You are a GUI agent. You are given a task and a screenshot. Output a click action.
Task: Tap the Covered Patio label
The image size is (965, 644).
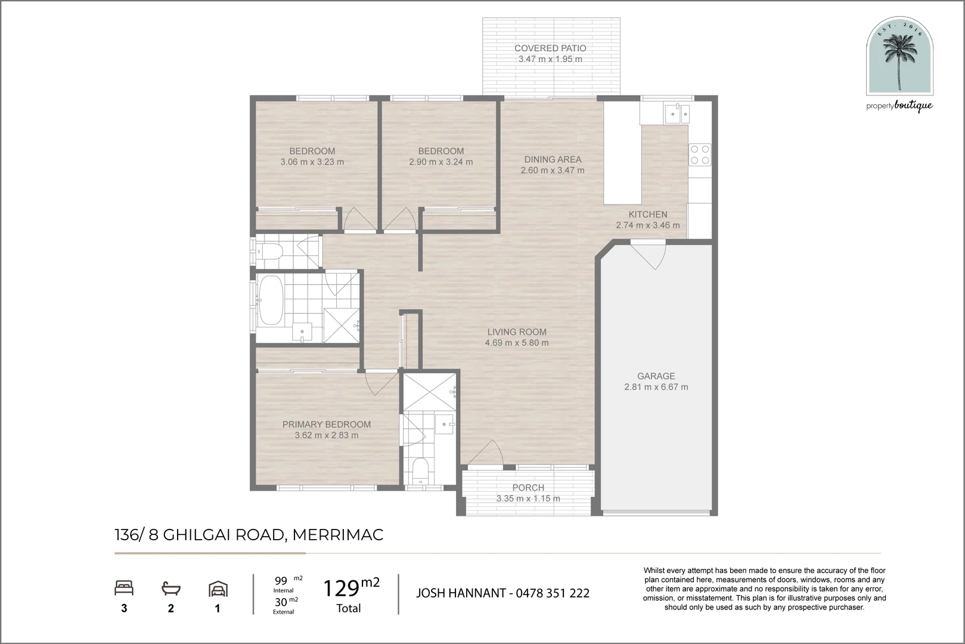click(x=550, y=48)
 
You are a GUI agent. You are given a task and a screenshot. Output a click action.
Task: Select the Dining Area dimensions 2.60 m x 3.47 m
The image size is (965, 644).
click(x=553, y=171)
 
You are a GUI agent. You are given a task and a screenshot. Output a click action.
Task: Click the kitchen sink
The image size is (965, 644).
click(x=677, y=113)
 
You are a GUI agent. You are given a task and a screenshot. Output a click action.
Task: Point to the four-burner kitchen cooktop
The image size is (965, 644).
click(x=700, y=155)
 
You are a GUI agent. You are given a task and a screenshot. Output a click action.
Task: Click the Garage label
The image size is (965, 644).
click(x=656, y=376)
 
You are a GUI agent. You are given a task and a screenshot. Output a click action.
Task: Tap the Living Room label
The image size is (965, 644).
click(x=517, y=332)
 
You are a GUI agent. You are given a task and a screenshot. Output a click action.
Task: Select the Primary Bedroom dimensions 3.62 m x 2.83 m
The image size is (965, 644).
click(x=327, y=435)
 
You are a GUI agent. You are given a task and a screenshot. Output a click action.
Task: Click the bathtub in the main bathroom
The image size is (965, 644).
click(x=270, y=301)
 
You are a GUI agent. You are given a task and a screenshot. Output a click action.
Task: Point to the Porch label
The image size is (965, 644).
click(x=528, y=488)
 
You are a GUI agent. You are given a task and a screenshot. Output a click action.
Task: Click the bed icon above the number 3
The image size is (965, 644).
click(x=124, y=588)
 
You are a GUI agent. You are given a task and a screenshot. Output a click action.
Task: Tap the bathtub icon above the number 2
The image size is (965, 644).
click(x=171, y=589)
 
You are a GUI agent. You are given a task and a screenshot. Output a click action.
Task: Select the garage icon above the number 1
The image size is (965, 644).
click(x=218, y=589)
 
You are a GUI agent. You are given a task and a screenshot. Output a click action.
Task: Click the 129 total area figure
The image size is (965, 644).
click(x=341, y=589)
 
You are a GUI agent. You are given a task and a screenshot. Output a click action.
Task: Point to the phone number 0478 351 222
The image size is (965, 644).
click(x=553, y=593)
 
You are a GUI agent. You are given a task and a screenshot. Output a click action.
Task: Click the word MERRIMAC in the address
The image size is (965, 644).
click(x=338, y=535)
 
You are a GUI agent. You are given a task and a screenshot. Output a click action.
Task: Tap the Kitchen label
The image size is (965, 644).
click(x=648, y=214)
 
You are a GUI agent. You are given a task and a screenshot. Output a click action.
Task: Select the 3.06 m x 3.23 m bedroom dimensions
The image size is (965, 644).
click(x=312, y=162)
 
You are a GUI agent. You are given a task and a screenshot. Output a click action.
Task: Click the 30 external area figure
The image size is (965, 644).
click(x=281, y=602)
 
